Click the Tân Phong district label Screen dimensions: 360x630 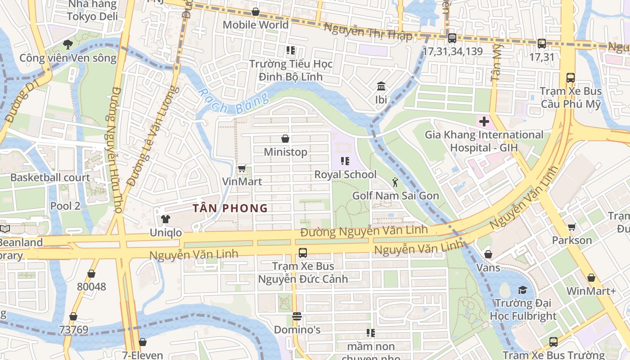(230, 208)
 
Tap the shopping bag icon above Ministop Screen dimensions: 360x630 (285, 138)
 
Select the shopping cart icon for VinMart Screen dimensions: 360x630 (242, 169)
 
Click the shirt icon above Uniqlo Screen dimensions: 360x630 (165, 219)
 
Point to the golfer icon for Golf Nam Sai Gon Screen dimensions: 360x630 (395, 182)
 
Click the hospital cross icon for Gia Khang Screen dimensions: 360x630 (484, 121)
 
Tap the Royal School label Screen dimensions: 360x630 (345, 175)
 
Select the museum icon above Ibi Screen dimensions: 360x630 (381, 86)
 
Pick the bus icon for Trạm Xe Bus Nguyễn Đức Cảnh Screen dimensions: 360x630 (303, 253)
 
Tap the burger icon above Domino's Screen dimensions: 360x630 (297, 316)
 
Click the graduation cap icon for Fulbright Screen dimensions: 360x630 (522, 290)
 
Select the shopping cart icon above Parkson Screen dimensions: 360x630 (571, 227)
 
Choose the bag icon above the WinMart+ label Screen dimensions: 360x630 (591, 278)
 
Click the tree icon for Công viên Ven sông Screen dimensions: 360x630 (67, 45)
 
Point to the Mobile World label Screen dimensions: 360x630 (256, 25)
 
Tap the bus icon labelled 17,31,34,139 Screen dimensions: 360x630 (452, 38)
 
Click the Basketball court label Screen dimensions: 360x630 (50, 177)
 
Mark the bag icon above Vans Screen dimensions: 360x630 (488, 255)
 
